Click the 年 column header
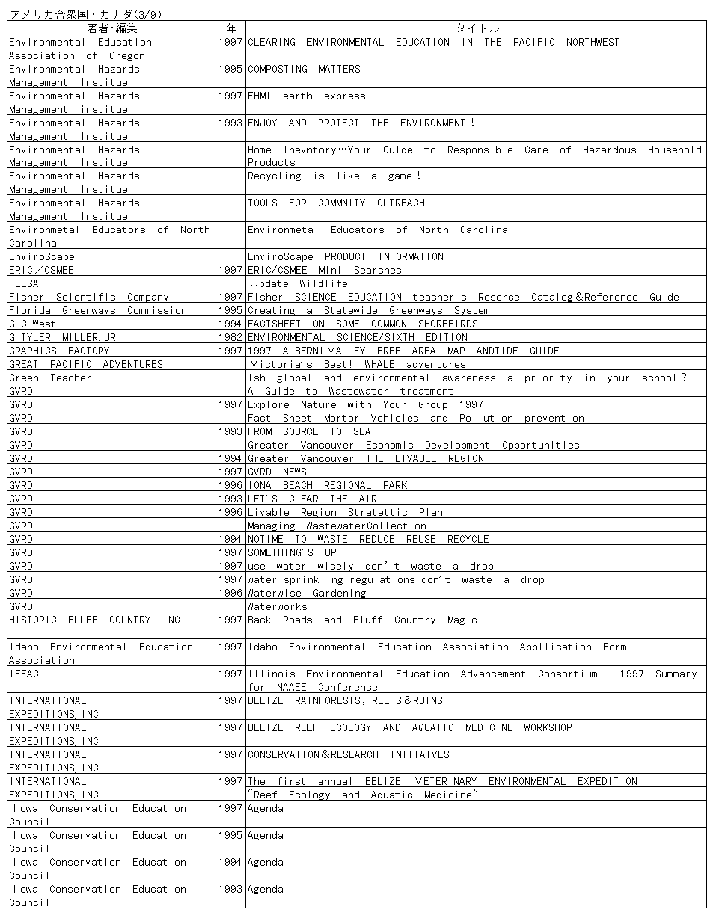pyautogui.click(x=230, y=28)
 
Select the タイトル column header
pyautogui.click(x=477, y=28)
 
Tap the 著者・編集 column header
pyautogui.click(x=111, y=28)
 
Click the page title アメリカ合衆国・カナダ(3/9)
pyautogui.click(x=87, y=14)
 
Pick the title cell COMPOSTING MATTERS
pyautogui.click(x=304, y=70)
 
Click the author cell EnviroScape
pyautogui.click(x=42, y=257)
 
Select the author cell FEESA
pyautogui.click(x=24, y=284)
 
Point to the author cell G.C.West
pyautogui.click(x=33, y=324)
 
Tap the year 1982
pyautogui.click(x=230, y=338)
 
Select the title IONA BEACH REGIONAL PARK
pyautogui.click(x=328, y=486)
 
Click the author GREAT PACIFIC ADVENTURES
pyautogui.click(x=86, y=365)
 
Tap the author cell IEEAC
pyautogui.click(x=24, y=674)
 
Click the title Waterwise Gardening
pyautogui.click(x=307, y=594)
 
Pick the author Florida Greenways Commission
pyautogui.click(x=98, y=311)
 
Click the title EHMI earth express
pyautogui.click(x=307, y=96)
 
